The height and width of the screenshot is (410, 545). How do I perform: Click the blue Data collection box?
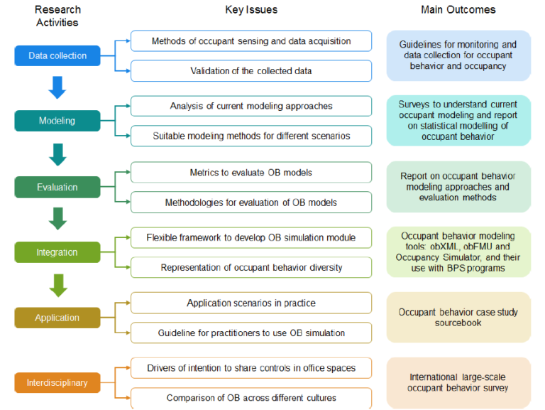pyautogui.click(x=57, y=56)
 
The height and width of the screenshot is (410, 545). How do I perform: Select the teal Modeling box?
pyautogui.click(x=57, y=121)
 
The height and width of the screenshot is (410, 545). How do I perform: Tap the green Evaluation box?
pyautogui.click(x=57, y=188)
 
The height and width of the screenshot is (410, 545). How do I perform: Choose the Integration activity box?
pyautogui.click(x=57, y=252)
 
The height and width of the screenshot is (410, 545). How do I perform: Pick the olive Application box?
pyautogui.click(x=57, y=318)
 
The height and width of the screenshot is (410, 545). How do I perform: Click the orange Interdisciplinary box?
pyautogui.click(x=57, y=383)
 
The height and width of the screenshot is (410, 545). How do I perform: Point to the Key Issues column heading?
pyautogui.click(x=251, y=10)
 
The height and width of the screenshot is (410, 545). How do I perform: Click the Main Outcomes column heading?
pyautogui.click(x=458, y=10)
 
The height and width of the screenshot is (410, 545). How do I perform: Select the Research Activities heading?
pyautogui.click(x=57, y=16)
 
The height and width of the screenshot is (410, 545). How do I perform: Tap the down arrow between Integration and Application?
pyautogui.click(x=58, y=284)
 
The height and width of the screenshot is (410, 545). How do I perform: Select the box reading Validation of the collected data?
pyautogui.click(x=251, y=70)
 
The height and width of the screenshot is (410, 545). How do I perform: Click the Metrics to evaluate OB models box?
pyautogui.click(x=251, y=173)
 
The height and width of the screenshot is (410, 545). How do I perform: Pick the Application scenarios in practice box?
pyautogui.click(x=251, y=303)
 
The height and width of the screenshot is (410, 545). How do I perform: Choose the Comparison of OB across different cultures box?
pyautogui.click(x=251, y=398)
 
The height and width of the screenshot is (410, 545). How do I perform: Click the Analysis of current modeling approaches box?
pyautogui.click(x=251, y=107)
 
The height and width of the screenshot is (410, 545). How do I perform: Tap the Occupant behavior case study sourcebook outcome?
pyautogui.click(x=458, y=317)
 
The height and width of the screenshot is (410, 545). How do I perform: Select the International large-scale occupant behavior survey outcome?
pyautogui.click(x=458, y=382)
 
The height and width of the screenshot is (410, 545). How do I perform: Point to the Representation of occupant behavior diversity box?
pyautogui.click(x=251, y=267)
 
